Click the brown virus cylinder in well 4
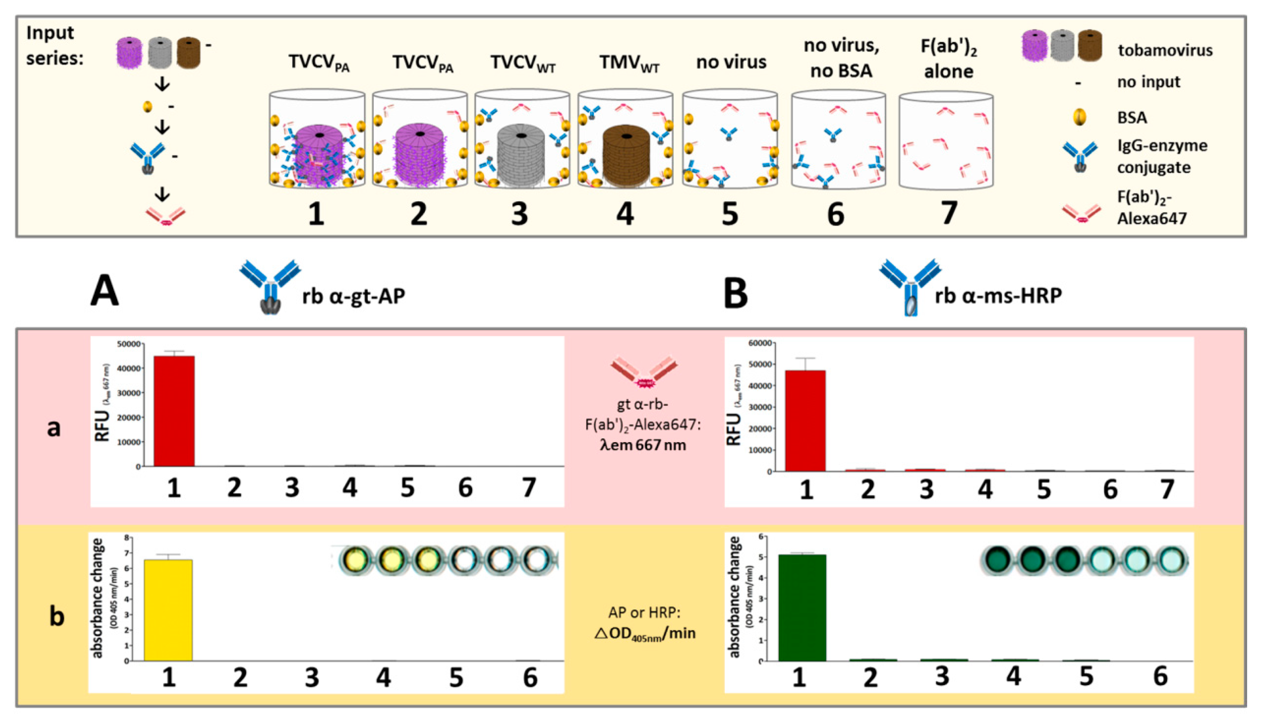(x=626, y=156)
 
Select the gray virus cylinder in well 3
(x=521, y=156)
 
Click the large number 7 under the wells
(x=948, y=214)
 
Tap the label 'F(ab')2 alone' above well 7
(x=948, y=59)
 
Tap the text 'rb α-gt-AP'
(x=354, y=296)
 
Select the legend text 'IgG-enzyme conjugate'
(x=1161, y=156)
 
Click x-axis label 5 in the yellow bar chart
(x=455, y=677)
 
